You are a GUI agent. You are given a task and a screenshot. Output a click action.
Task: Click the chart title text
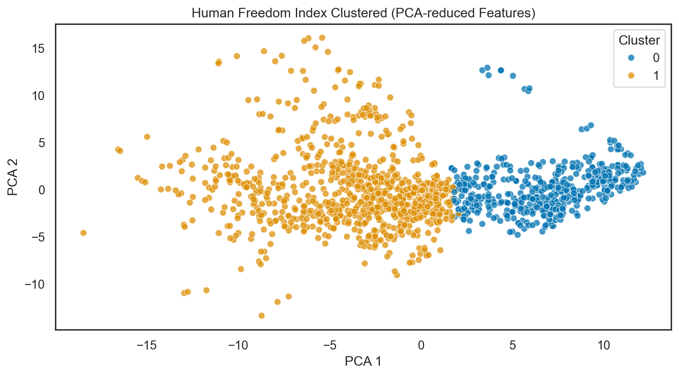tap(363, 13)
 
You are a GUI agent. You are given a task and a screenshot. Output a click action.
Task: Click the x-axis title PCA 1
tap(363, 362)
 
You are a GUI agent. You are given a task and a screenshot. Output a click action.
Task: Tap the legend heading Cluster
tap(639, 40)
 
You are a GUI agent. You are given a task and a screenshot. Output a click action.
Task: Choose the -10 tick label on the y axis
tap(35, 285)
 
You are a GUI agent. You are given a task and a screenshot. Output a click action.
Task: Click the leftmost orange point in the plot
tap(83, 233)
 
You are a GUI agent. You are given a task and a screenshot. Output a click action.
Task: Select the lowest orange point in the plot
tap(262, 316)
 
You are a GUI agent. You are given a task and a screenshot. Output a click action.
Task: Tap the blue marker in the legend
tap(628, 57)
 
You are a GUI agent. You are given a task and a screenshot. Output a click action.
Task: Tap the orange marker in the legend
tap(628, 75)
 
